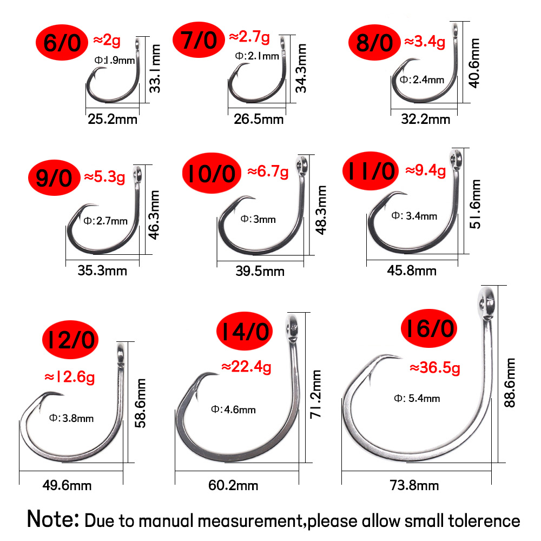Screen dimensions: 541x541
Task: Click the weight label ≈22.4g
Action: click(x=246, y=367)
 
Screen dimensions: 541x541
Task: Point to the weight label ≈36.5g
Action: click(x=435, y=368)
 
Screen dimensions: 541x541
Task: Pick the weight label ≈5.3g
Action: click(x=104, y=176)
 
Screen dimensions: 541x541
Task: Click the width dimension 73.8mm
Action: click(x=414, y=485)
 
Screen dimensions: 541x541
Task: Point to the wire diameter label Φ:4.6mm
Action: click(x=233, y=410)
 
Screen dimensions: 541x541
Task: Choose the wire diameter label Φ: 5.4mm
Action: click(x=417, y=399)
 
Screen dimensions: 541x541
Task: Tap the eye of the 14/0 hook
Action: click(x=292, y=327)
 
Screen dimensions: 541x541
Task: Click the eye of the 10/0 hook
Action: click(x=301, y=163)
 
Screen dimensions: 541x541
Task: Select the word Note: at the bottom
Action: click(x=54, y=519)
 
